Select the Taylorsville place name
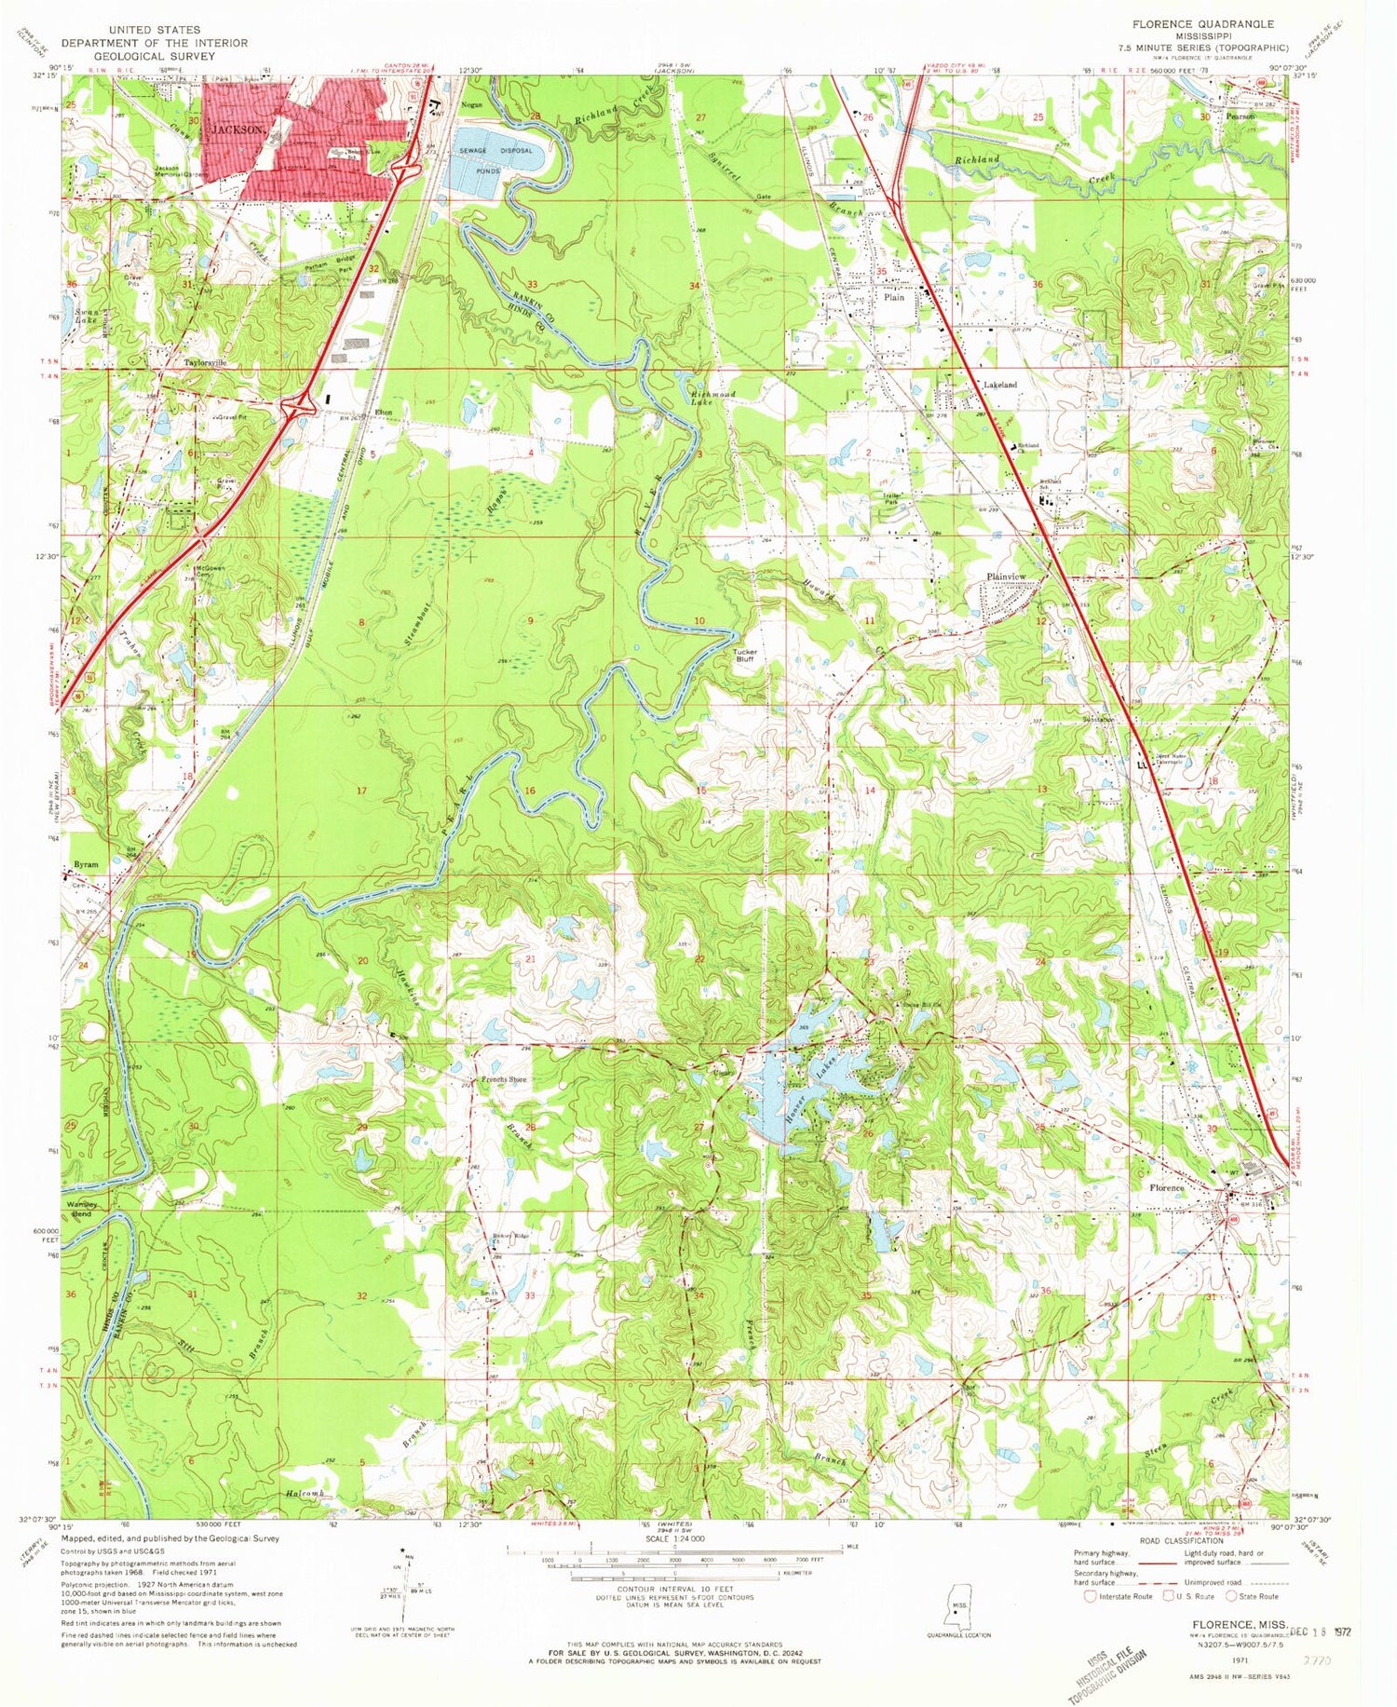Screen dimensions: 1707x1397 pos(206,363)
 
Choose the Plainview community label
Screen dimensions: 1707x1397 pos(1006,577)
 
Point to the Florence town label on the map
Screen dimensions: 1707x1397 pos(1166,1188)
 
